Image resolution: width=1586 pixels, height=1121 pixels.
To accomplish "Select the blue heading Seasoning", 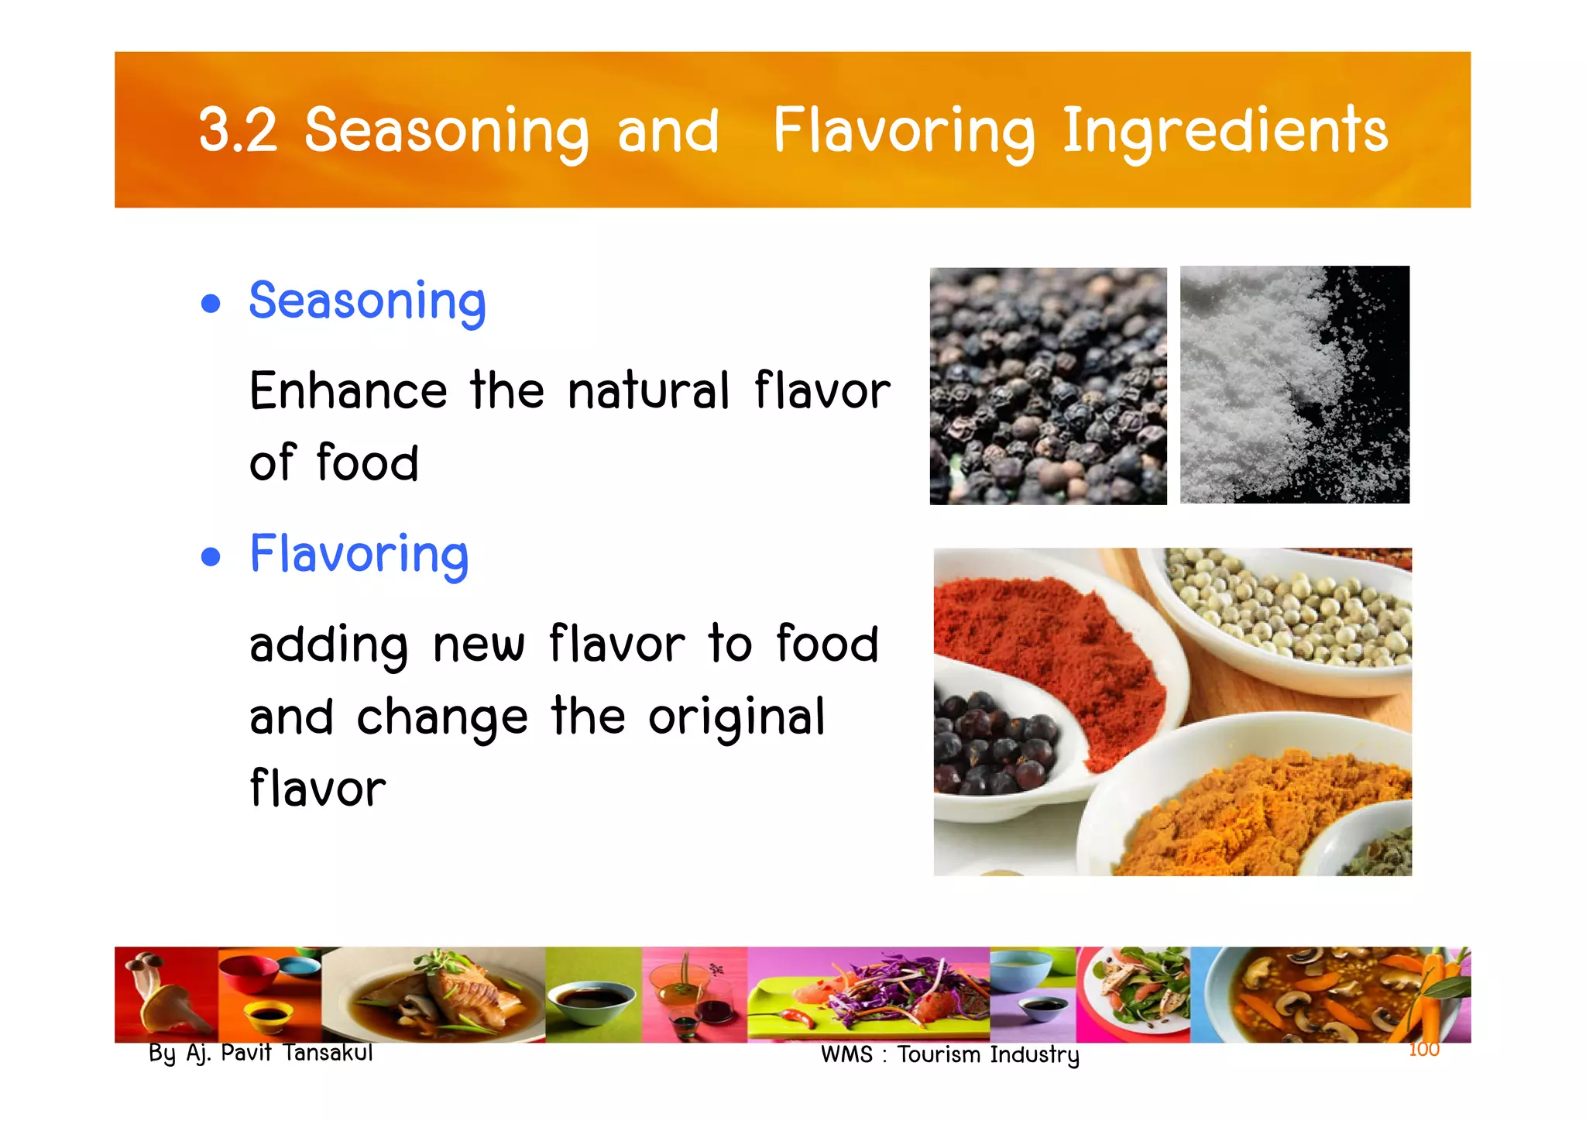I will (x=367, y=302).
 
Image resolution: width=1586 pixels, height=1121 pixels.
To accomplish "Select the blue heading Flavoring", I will (x=359, y=555).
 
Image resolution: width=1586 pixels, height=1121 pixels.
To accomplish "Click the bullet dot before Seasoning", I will (x=210, y=303).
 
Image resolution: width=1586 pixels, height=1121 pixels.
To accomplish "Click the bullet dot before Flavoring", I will (x=210, y=556).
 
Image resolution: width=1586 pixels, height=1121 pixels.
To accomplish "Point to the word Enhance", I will (x=348, y=391).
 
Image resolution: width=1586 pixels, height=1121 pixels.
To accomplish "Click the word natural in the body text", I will (x=649, y=391).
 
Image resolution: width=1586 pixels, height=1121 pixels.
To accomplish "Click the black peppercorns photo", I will (x=1048, y=386).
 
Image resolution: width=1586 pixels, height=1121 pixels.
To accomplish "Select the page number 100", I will (x=1423, y=1050).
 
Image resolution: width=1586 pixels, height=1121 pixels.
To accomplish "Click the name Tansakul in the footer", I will (x=328, y=1053).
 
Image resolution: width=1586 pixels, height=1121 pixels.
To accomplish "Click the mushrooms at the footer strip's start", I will (x=159, y=995).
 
